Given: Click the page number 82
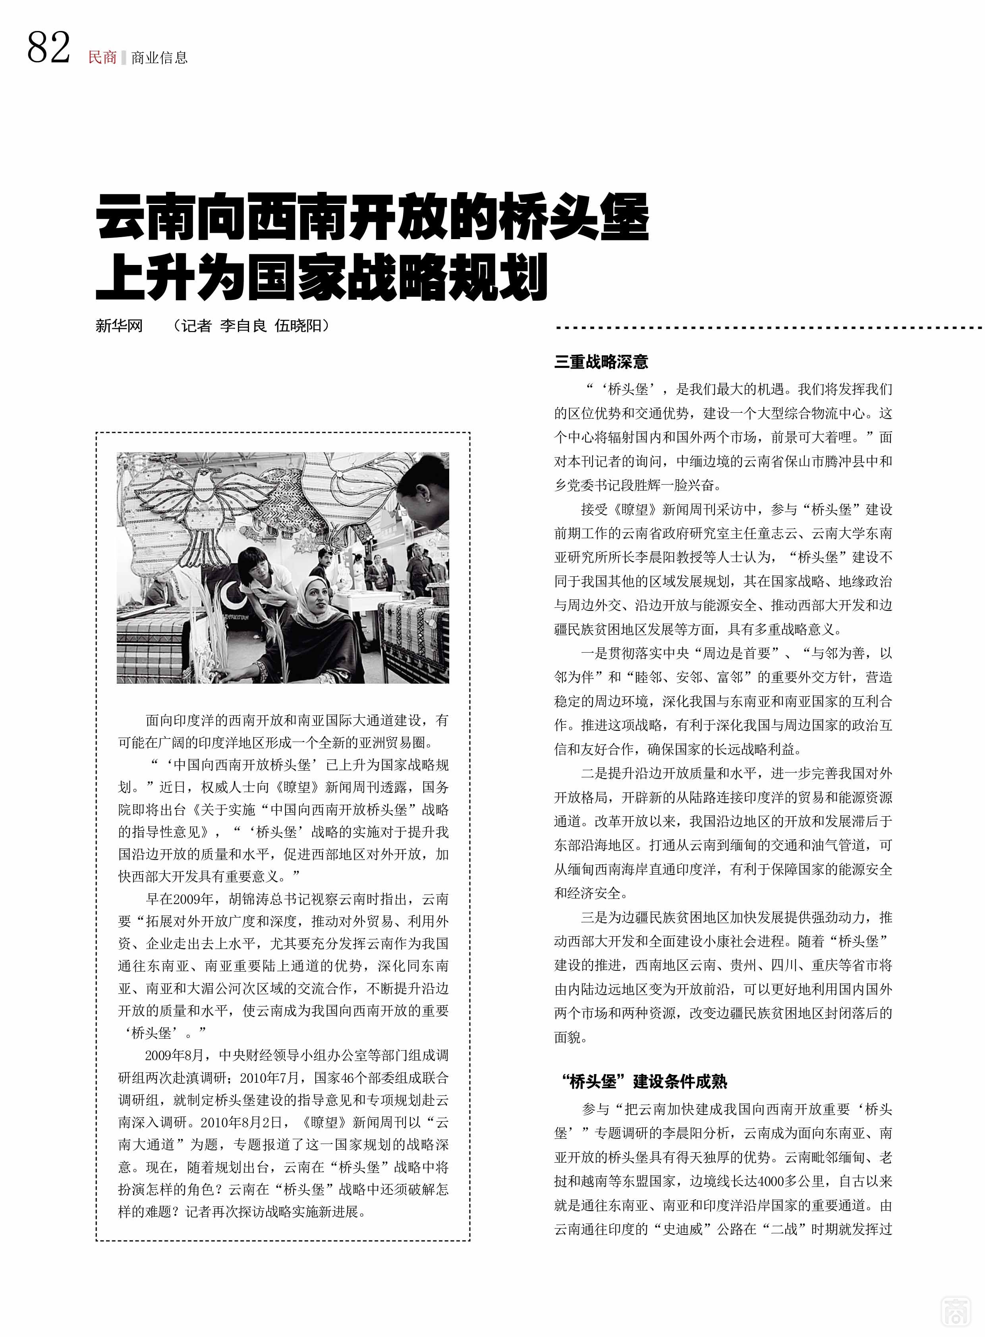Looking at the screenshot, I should click(48, 48).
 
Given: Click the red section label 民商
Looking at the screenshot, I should click(102, 57).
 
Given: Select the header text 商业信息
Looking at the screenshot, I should click(159, 57).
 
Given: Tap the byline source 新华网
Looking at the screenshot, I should click(119, 326).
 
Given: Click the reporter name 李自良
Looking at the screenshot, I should click(243, 326).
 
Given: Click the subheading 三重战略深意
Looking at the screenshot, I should click(601, 361).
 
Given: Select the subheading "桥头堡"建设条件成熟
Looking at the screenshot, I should click(644, 1081).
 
